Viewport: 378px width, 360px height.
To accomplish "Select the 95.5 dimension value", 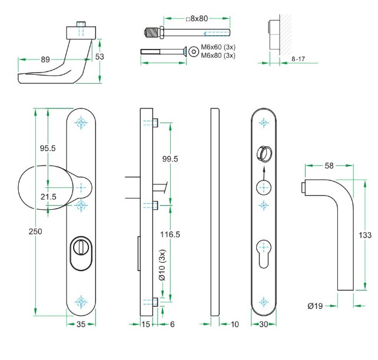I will pyautogui.click(x=48, y=148).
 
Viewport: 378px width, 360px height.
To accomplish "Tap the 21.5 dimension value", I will pyautogui.click(x=49, y=197).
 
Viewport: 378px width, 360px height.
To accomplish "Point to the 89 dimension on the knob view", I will pyautogui.click(x=45, y=59).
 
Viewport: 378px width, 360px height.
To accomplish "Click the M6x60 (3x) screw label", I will pyautogui.click(x=218, y=47).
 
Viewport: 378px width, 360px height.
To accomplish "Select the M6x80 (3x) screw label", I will pyautogui.click(x=218, y=55).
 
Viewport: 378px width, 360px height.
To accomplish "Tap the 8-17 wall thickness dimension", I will pyautogui.click(x=300, y=60).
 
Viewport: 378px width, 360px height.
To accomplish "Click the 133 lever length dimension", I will pyautogui.click(x=365, y=235).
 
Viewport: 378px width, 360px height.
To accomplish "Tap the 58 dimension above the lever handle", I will pyautogui.click(x=329, y=166).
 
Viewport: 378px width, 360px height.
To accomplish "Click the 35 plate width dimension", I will pyautogui.click(x=81, y=324).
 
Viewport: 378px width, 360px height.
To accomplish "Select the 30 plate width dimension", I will pyautogui.click(x=263, y=324).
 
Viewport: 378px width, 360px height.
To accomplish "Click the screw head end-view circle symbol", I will pyautogui.click(x=193, y=52).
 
